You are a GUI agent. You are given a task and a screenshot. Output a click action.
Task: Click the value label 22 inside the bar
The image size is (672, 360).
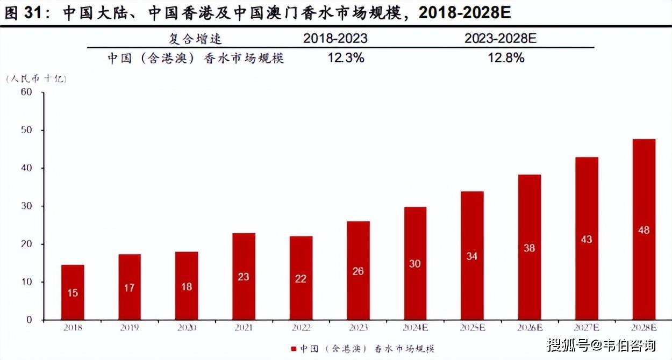point(301,278)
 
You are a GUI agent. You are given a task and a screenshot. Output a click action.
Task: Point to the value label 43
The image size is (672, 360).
point(587,239)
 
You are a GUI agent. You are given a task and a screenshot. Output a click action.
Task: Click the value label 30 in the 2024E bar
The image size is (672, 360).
point(414,264)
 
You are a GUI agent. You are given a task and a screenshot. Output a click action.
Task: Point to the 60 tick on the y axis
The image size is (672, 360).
point(27,92)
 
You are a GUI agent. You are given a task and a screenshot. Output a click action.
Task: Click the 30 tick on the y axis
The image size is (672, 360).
point(27,206)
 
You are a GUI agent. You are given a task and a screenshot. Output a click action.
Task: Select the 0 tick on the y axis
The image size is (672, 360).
point(30,320)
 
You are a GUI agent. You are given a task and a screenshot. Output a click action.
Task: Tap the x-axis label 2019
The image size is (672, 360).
point(130,327)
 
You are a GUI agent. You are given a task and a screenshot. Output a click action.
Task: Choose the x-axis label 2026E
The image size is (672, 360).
point(529,327)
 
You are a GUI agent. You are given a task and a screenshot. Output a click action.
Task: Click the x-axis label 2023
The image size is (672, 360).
point(358,327)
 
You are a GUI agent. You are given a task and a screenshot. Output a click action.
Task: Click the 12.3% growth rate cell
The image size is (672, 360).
point(346,58)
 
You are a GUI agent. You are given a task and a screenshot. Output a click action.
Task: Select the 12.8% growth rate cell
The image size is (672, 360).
point(505,58)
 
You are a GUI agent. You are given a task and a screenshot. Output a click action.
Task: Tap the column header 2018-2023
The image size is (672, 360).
point(335,39)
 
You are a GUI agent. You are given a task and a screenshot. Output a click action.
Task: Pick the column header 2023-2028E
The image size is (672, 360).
point(500,39)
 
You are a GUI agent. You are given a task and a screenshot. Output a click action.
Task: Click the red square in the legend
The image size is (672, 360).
point(294,348)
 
